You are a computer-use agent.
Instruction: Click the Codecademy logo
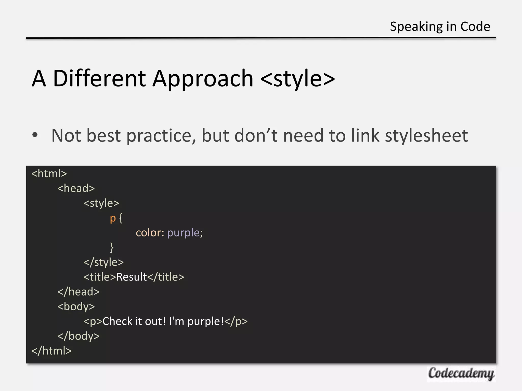pyautogui.click(x=461, y=374)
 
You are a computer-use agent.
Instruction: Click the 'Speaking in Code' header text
pyautogui.click(x=440, y=26)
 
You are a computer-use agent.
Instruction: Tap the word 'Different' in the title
pyautogui.click(x=99, y=78)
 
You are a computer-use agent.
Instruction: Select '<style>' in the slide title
pyautogui.click(x=298, y=78)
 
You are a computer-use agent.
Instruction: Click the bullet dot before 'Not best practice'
pyautogui.click(x=35, y=135)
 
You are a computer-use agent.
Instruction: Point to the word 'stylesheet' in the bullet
pyautogui.click(x=426, y=135)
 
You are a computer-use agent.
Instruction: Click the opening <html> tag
pyautogui.click(x=49, y=174)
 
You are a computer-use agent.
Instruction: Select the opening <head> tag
pyautogui.click(x=76, y=188)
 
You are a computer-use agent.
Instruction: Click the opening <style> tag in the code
pyautogui.click(x=101, y=203)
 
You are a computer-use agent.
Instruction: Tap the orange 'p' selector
pyautogui.click(x=113, y=218)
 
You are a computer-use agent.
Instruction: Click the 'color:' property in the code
pyautogui.click(x=150, y=233)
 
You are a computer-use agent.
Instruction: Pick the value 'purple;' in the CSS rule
pyautogui.click(x=185, y=233)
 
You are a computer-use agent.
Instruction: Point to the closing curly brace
pyautogui.click(x=112, y=247)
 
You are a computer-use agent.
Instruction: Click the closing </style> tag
pyautogui.click(x=103, y=262)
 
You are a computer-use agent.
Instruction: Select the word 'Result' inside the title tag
pyautogui.click(x=132, y=277)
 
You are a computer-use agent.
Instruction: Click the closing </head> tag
pyautogui.click(x=79, y=292)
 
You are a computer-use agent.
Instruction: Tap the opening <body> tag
pyautogui.click(x=76, y=306)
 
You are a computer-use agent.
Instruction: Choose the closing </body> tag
pyautogui.click(x=79, y=336)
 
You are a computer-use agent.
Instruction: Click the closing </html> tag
pyautogui.click(x=51, y=351)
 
